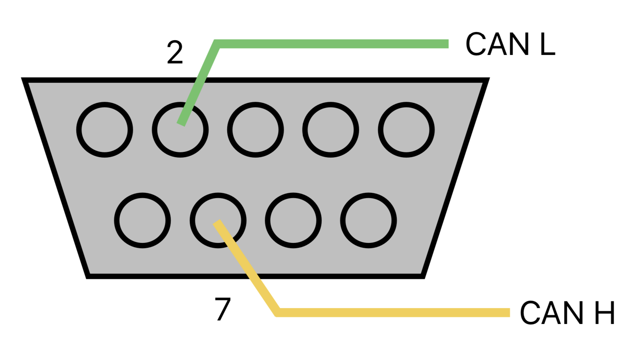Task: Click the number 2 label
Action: (175, 53)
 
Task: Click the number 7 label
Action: (223, 309)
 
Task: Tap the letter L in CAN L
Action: (547, 44)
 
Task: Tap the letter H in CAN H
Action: (604, 313)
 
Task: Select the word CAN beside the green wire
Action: (497, 44)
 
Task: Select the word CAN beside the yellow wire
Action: (551, 313)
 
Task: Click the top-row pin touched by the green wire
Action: (180, 130)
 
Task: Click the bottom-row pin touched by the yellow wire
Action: (218, 220)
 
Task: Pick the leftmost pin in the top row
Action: (105, 130)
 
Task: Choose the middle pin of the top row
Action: (256, 130)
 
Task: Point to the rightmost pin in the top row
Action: (406, 130)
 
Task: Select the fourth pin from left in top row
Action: (331, 130)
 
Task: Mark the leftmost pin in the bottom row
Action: (142, 220)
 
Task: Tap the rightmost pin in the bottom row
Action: (368, 220)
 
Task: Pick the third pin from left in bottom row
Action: (293, 220)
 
